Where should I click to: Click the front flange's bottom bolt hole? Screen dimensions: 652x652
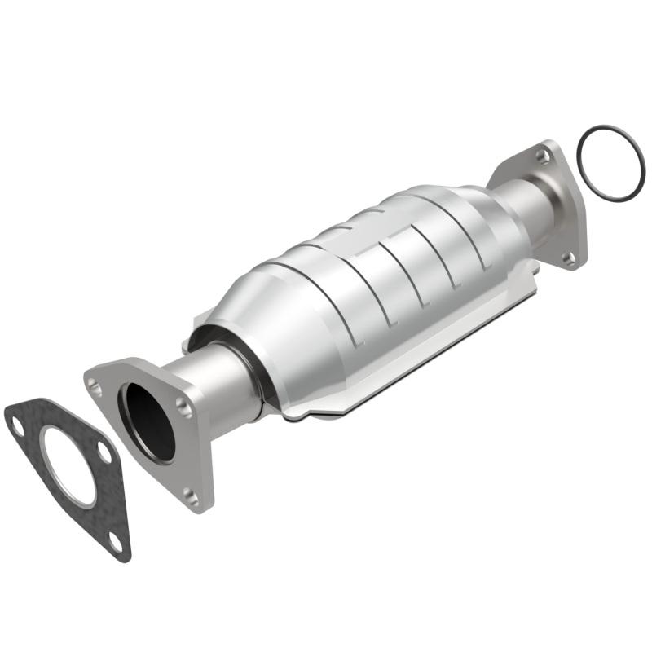point(191,493)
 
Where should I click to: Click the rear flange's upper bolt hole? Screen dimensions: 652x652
point(542,155)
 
